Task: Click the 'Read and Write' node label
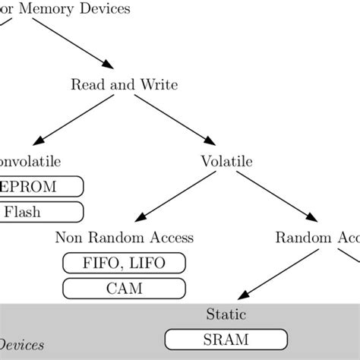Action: pos(125,84)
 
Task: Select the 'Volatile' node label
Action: pos(226,161)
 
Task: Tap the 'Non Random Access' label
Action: pos(124,238)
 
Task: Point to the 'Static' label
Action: pos(226,314)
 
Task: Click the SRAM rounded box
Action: pos(226,339)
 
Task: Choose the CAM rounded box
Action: pos(124,289)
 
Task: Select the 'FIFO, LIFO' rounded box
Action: pos(124,263)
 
